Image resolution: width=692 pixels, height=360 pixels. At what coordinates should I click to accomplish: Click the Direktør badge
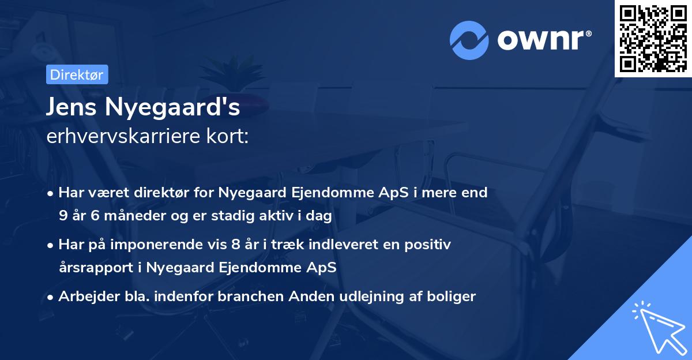77,74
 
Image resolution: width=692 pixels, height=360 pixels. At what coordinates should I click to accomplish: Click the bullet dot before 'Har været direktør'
51,193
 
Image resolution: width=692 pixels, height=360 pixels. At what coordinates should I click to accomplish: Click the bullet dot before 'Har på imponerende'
51,245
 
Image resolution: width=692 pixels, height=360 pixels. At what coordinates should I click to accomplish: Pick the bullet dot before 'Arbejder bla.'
51,298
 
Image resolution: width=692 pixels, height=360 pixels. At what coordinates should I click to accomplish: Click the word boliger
453,297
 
